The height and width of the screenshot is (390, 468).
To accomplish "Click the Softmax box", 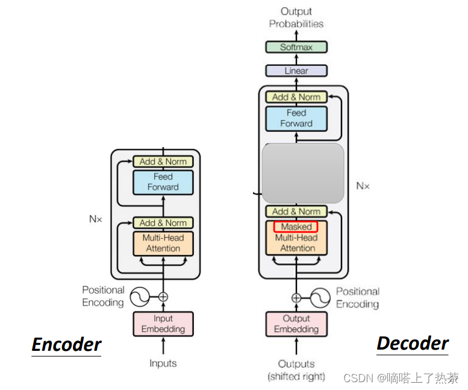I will [296, 47].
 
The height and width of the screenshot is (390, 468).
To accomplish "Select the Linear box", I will [296, 71].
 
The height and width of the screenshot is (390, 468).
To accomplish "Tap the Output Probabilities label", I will [296, 17].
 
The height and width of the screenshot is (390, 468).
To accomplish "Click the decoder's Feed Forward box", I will [296, 118].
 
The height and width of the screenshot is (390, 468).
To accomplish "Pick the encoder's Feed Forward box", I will [163, 182].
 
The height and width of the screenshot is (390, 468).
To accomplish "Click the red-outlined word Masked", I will [296, 227].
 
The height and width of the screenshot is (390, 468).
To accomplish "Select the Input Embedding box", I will [163, 324].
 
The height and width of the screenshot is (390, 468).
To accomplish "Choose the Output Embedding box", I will [296, 324].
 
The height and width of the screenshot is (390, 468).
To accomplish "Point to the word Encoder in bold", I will [66, 345].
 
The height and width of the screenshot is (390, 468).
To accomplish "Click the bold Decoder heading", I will [413, 344].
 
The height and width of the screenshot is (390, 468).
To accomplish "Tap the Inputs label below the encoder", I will [163, 363].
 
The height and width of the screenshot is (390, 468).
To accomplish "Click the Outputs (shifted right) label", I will [296, 370].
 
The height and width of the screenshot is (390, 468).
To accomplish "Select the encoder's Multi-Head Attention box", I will [163, 243].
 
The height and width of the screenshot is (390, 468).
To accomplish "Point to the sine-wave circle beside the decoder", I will [320, 297].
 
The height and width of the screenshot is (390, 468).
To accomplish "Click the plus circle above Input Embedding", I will [163, 297].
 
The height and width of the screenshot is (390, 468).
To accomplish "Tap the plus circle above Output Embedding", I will [296, 297].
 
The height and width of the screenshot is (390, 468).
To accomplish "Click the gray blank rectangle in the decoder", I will [303, 173].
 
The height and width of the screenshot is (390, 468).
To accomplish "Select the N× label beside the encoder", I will [96, 219].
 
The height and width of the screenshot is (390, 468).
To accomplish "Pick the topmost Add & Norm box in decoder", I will [296, 97].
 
